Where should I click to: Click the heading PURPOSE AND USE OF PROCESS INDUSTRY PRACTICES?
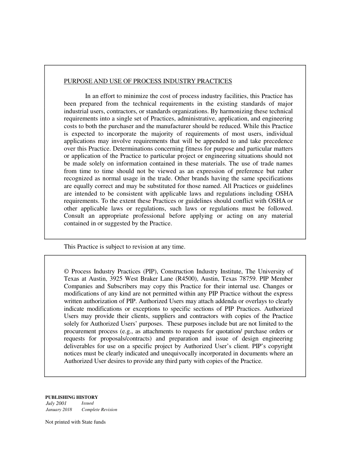pyautogui.click(x=147, y=81)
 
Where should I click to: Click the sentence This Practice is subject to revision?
pyautogui.click(x=124, y=247)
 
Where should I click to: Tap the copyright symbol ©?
pyautogui.click(x=66, y=271)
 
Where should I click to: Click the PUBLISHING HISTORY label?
pyautogui.click(x=72, y=397)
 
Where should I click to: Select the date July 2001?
pyautogui.click(x=56, y=403)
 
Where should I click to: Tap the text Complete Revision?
pyautogui.click(x=99, y=410)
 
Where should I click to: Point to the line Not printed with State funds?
pyautogui.click(x=75, y=422)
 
